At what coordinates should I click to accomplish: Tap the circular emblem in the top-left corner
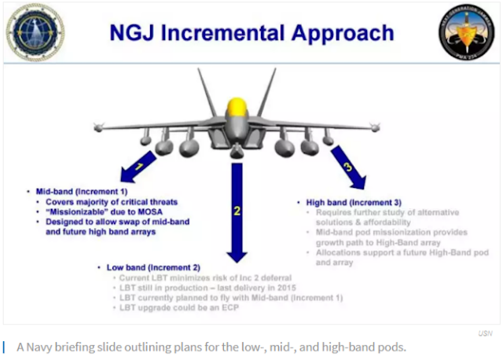(35, 34)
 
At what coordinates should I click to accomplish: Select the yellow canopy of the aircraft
(235, 106)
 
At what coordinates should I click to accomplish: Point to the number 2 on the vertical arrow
(237, 211)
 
